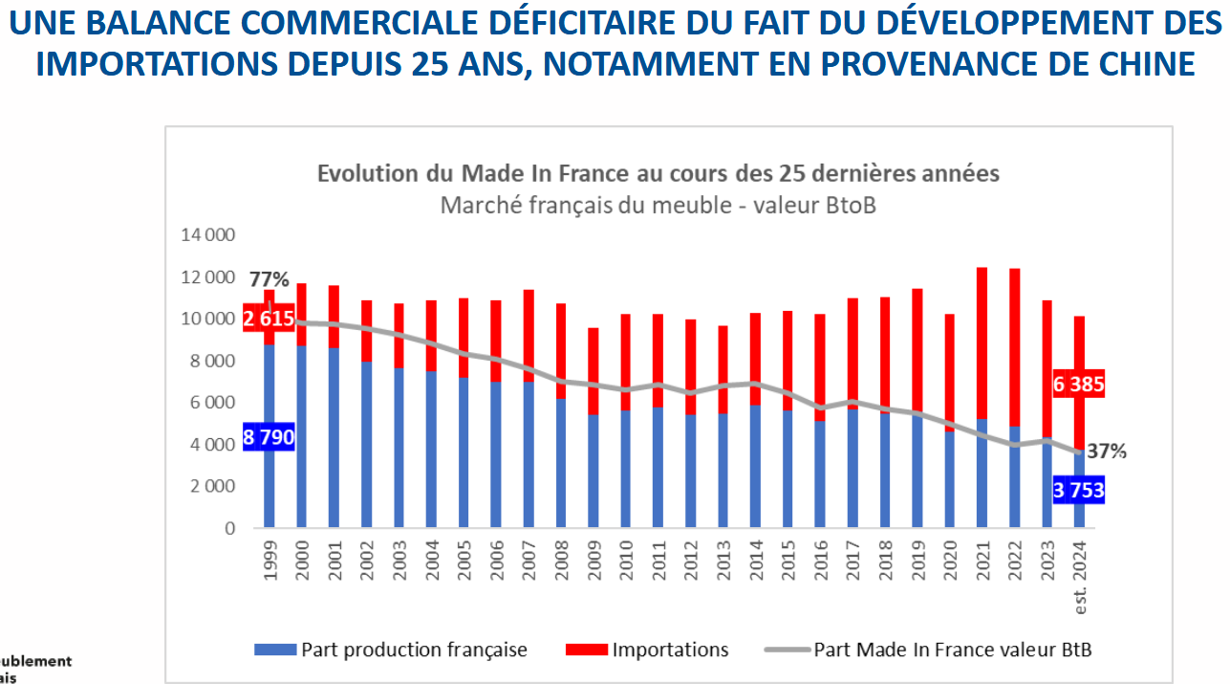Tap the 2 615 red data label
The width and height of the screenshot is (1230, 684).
tap(269, 319)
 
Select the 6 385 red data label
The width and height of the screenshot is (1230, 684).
tap(1079, 386)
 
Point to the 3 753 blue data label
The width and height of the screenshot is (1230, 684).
tap(1079, 492)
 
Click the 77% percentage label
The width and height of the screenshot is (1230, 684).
tap(269, 280)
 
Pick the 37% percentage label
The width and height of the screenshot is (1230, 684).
tap(1107, 452)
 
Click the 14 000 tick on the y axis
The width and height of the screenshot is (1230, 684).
tap(207, 235)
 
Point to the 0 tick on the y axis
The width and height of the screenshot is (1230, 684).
tap(229, 528)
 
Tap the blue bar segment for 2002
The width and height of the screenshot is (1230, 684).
tap(366, 445)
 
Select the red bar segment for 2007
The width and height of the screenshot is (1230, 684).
tap(529, 336)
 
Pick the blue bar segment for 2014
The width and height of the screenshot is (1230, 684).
tap(756, 466)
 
